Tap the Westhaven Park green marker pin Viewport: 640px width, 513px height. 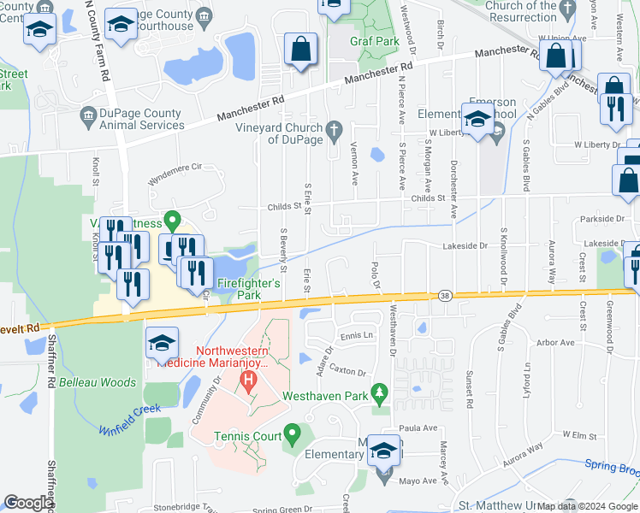(x=381, y=394)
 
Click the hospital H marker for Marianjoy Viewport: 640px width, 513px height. (x=249, y=379)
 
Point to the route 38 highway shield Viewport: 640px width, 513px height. (x=444, y=296)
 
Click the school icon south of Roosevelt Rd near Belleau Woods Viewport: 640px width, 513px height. (x=162, y=345)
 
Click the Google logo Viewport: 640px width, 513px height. (x=28, y=503)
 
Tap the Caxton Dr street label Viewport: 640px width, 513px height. (x=347, y=373)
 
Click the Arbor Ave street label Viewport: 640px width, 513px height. (x=555, y=343)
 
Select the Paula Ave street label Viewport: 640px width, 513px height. (x=418, y=428)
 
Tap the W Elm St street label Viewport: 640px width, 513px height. (x=578, y=436)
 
